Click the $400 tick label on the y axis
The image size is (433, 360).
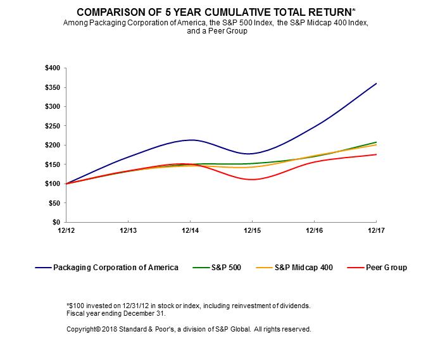[53, 68]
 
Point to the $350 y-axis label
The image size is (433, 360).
[53, 87]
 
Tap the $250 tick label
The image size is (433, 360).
[53, 126]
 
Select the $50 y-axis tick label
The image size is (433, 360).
[54, 203]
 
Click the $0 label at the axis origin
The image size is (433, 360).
[57, 223]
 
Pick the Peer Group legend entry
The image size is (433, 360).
[386, 268]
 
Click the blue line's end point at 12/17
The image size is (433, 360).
[377, 84]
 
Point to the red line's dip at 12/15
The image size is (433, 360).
[252, 179]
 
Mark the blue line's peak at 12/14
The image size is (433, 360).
[191, 140]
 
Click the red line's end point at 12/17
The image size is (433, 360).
[377, 154]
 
